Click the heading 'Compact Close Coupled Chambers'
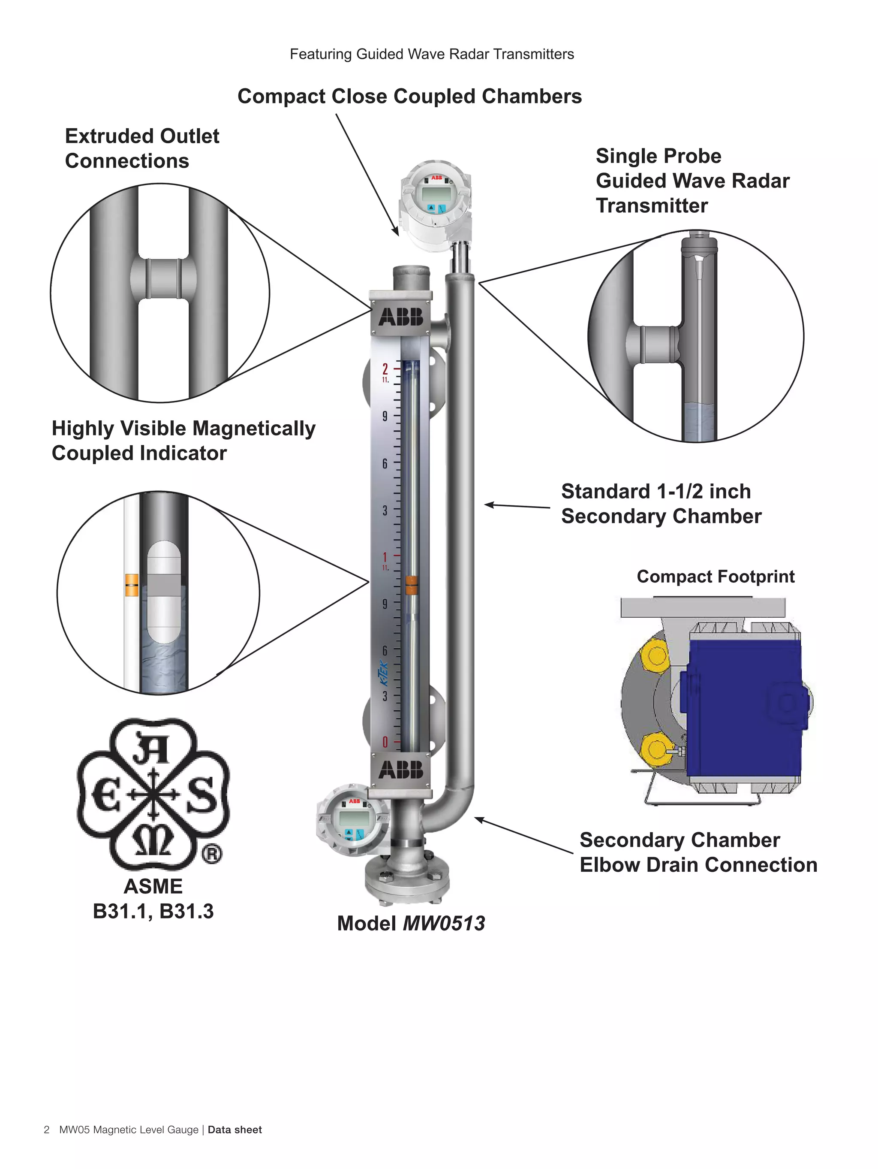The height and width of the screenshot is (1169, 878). point(409,96)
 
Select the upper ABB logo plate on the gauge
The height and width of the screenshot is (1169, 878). point(401,317)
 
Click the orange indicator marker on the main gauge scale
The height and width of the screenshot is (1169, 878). point(411,585)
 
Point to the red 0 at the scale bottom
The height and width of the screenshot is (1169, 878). point(385,742)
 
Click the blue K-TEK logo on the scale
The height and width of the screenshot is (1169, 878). point(384,674)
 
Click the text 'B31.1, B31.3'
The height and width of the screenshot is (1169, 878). point(153,912)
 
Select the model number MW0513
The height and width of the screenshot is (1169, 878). point(444,923)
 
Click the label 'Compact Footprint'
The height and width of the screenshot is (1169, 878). point(715,576)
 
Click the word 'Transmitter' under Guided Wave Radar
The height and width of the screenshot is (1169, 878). point(651,205)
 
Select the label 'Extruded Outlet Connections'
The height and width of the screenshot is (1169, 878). point(141,148)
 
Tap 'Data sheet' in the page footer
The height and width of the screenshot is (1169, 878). point(235,1130)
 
